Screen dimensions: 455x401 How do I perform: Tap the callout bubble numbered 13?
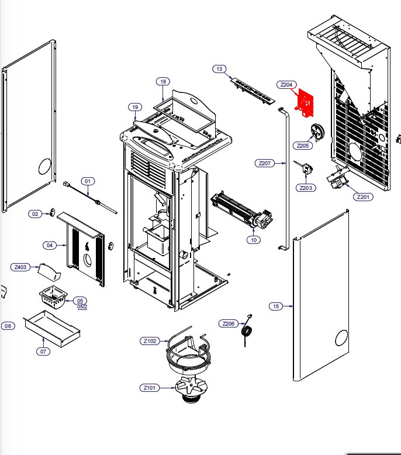click(x=219, y=69)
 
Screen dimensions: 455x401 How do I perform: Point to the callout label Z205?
click(x=303, y=146)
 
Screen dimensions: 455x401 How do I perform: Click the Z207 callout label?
click(x=264, y=163)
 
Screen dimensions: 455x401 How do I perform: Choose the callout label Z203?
click(x=306, y=188)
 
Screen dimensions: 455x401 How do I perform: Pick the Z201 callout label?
click(x=363, y=197)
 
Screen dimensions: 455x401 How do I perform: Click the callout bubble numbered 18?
click(x=163, y=81)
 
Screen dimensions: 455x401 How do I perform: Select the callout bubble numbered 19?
click(x=135, y=107)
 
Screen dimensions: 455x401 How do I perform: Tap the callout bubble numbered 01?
click(x=88, y=181)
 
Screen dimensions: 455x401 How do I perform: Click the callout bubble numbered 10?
click(x=253, y=239)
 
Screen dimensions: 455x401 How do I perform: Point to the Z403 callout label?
click(x=20, y=267)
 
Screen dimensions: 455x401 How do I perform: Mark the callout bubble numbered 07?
click(x=43, y=351)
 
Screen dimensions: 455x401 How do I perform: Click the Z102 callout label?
click(x=150, y=341)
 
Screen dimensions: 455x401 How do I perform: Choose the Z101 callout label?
click(x=149, y=387)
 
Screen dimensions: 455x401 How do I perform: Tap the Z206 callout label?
click(x=229, y=323)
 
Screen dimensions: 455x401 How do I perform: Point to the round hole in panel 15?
click(x=341, y=338)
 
